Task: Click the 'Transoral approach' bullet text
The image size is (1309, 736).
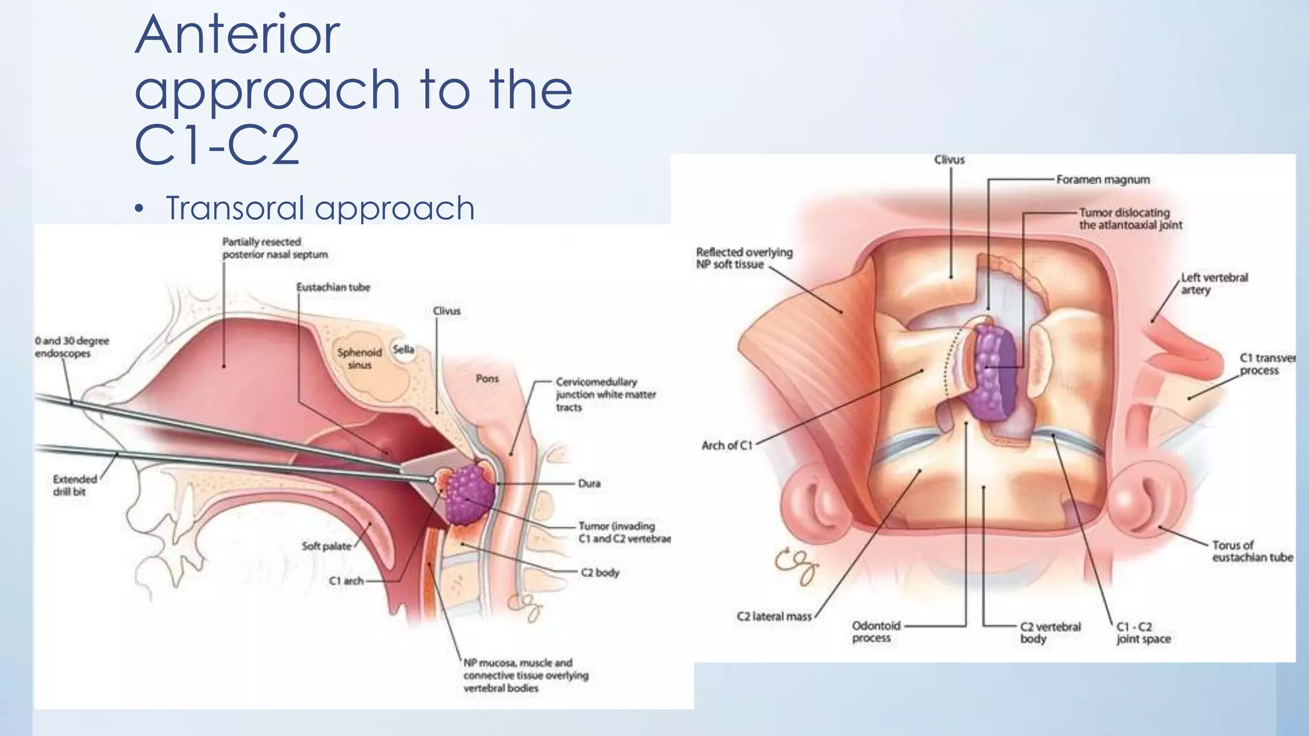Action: tap(320, 208)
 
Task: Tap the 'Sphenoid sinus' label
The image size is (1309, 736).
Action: tap(360, 358)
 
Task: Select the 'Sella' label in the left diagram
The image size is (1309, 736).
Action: tap(403, 349)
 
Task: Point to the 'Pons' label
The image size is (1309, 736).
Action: tap(487, 379)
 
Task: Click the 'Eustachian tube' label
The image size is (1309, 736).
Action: tap(333, 287)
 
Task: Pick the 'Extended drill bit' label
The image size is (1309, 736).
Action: tap(74, 485)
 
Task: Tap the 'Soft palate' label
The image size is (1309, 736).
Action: tap(326, 546)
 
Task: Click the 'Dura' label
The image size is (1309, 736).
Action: tap(589, 484)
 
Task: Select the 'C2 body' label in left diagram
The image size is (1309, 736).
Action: tap(600, 572)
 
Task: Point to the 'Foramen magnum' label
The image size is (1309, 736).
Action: tap(1103, 180)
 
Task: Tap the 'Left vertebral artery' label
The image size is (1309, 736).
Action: tap(1214, 284)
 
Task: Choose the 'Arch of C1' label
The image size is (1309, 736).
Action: tap(727, 445)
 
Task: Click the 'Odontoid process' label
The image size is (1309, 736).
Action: tap(876, 632)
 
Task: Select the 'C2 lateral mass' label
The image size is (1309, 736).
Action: tap(773, 617)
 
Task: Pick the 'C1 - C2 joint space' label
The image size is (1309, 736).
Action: tap(1143, 632)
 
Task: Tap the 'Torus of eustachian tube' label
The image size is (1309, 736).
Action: tap(1252, 551)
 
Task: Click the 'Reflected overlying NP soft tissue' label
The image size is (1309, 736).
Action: tap(744, 258)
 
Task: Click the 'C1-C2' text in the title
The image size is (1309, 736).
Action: tap(217, 145)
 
